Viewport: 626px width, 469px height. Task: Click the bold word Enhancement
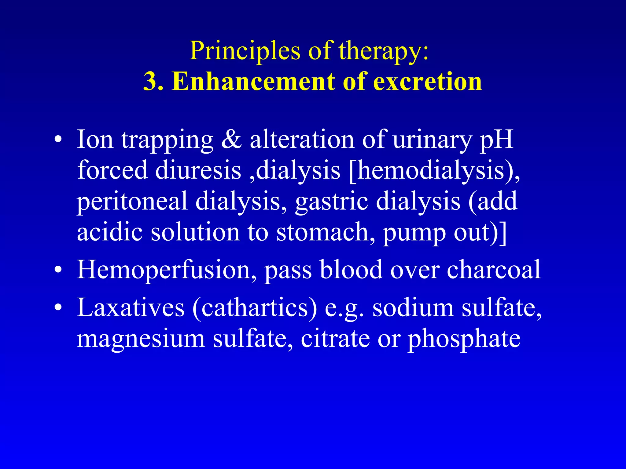[254, 82]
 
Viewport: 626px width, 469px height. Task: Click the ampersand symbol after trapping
[231, 140]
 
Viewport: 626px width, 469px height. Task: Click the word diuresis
[198, 170]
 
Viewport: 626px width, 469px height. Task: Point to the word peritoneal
[132, 202]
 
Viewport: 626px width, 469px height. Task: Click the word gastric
[331, 202]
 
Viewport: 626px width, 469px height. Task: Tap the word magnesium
[141, 339]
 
